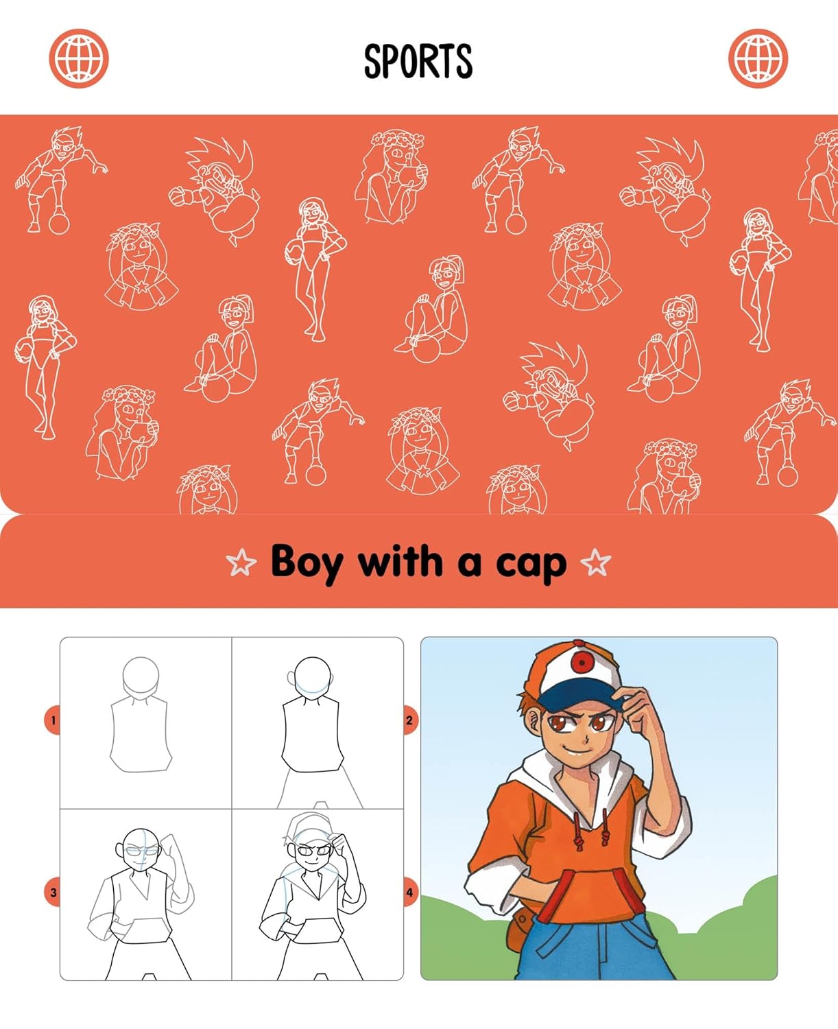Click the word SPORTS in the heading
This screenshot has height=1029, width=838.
click(418, 60)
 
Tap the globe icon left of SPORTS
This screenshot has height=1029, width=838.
click(79, 58)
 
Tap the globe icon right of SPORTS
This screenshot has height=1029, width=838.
click(758, 58)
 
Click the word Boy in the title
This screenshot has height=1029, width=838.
click(306, 563)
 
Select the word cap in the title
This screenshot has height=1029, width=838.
click(531, 564)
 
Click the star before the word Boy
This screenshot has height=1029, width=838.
click(241, 563)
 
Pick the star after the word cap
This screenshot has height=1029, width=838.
click(595, 563)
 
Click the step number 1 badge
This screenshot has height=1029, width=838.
click(53, 720)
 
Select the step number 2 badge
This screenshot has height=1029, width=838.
click(409, 720)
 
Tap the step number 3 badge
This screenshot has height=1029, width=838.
click(53, 892)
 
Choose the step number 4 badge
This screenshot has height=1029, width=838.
click(409, 892)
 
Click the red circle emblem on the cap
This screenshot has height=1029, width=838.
click(583, 662)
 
